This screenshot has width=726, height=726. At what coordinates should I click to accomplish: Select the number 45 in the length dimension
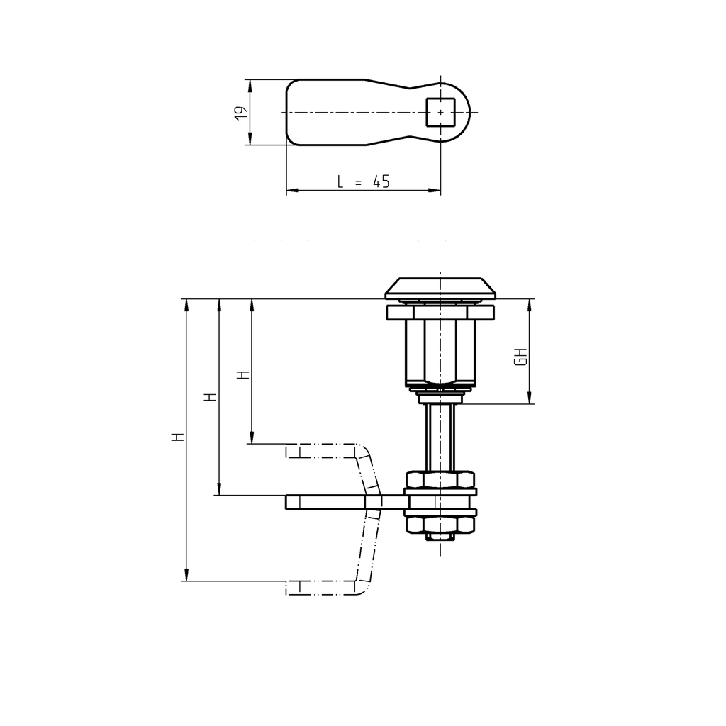[381, 182]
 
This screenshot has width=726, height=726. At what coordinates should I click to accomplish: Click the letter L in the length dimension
[340, 182]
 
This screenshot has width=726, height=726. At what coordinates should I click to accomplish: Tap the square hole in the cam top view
[441, 112]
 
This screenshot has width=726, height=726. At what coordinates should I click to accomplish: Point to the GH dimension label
[521, 357]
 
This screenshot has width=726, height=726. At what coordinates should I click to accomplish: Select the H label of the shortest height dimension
[243, 374]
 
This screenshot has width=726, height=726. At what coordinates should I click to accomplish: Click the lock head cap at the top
[440, 287]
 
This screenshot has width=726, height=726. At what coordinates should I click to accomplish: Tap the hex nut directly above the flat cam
[440, 480]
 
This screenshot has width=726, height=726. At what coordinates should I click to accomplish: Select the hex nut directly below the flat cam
[440, 524]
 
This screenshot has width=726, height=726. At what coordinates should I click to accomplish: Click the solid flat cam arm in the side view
[333, 502]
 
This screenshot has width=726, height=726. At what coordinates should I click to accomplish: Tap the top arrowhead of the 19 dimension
[249, 84]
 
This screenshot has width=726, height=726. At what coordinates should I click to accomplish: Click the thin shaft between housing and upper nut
[440, 436]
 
